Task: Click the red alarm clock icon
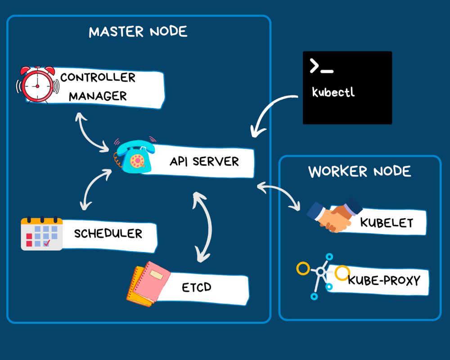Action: pyautogui.click(x=37, y=84)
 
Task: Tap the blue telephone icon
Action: pyautogui.click(x=134, y=157)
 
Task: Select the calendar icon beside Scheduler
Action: pyautogui.click(x=42, y=234)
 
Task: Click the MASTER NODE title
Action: pyautogui.click(x=138, y=32)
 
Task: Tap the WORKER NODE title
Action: pyautogui.click(x=360, y=171)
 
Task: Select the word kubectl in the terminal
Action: pyautogui.click(x=333, y=92)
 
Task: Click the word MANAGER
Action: pyautogui.click(x=98, y=96)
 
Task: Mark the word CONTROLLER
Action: pyautogui.click(x=98, y=77)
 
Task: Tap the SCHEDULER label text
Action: pyautogui.click(x=108, y=234)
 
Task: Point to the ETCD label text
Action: pyautogui.click(x=197, y=287)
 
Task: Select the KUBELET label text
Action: pyautogui.click(x=387, y=222)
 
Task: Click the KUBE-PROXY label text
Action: pyautogui.click(x=384, y=280)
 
